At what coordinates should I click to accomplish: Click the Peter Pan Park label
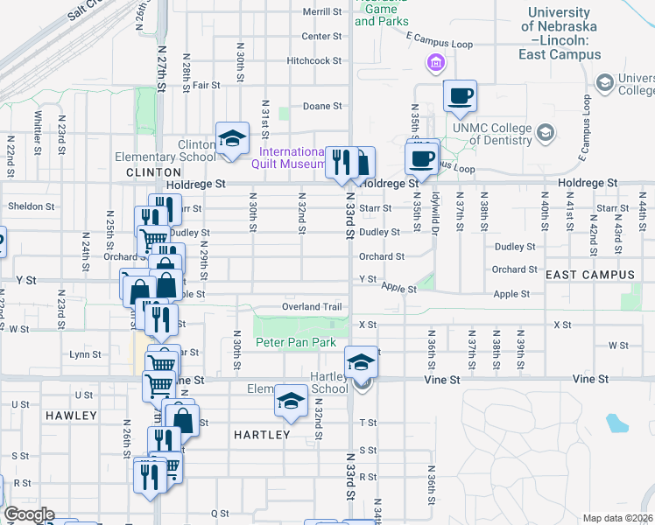click(296, 343)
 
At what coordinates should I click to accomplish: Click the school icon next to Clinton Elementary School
click(231, 138)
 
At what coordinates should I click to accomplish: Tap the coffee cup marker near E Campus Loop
click(460, 95)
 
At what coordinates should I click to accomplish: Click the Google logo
click(29, 514)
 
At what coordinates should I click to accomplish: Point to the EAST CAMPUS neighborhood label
click(589, 275)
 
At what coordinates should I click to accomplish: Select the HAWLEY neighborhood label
click(70, 416)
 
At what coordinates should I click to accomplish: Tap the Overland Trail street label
click(311, 307)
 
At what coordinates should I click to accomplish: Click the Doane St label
click(322, 106)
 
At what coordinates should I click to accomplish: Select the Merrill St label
click(321, 12)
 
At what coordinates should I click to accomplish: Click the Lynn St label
click(86, 354)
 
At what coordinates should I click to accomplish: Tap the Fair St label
click(206, 85)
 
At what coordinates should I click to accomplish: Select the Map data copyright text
click(616, 518)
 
